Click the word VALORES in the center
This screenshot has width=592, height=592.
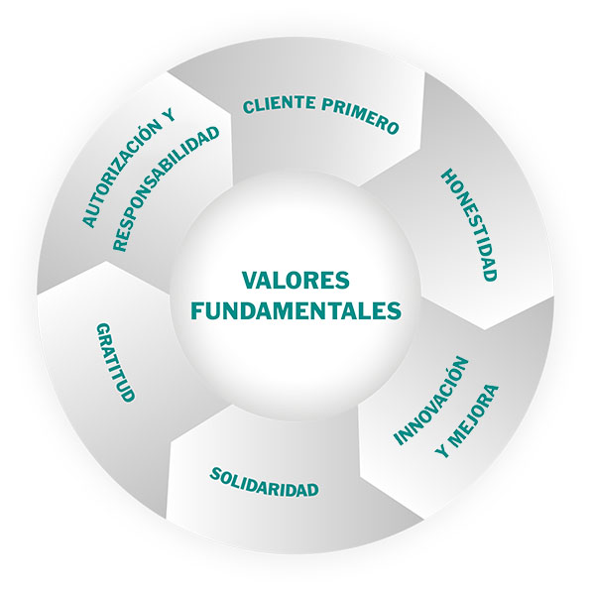pos(296,281)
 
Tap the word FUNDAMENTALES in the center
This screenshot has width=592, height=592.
pos(296,310)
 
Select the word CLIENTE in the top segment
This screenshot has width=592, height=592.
pos(280,104)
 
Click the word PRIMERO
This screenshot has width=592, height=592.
pos(361,114)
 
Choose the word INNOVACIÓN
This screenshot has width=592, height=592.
pos(431,401)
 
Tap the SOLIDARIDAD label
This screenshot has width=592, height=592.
pos(264,483)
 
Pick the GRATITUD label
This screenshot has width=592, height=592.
pos(115,363)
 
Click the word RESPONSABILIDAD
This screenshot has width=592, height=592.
pos(166,188)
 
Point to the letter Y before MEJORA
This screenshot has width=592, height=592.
pos(441,450)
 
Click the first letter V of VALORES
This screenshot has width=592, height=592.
pos(249,281)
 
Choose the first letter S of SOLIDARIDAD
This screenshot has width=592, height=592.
pos(215,473)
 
